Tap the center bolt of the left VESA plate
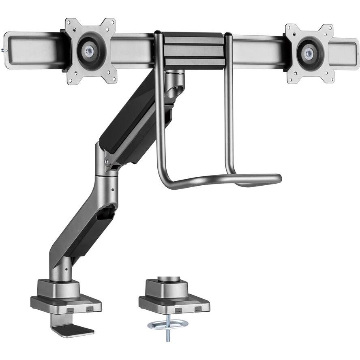(x=89, y=51)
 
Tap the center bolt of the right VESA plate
(x=309, y=52)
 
